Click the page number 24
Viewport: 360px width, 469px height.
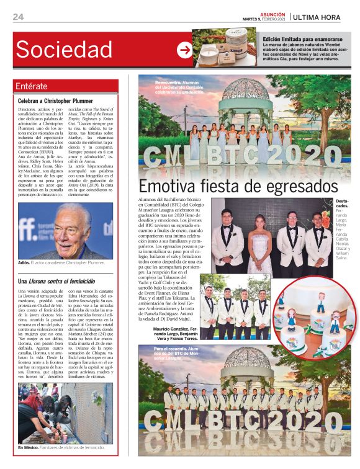[x=18, y=16]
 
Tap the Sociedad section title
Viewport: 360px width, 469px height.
[x=64, y=49]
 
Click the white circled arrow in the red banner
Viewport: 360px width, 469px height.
[x=184, y=50]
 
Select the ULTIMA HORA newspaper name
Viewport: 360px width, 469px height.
[x=317, y=17]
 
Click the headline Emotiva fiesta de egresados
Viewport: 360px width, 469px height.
[x=238, y=187]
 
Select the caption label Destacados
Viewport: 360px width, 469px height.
[x=342, y=203]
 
